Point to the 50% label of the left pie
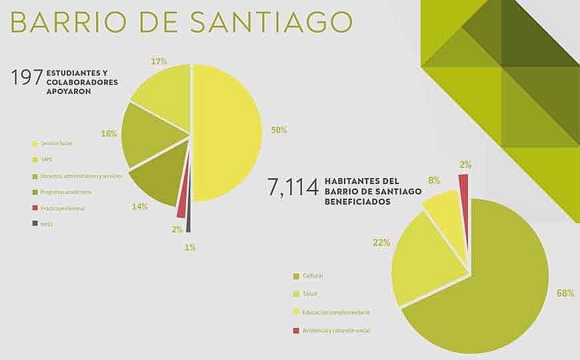(279, 130)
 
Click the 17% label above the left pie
(159, 61)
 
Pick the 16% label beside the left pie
(109, 133)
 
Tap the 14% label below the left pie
(139, 206)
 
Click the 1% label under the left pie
(190, 247)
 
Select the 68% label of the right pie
(565, 293)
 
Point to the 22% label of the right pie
(381, 243)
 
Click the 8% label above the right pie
(434, 180)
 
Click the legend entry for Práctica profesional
(62, 208)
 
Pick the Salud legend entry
(310, 293)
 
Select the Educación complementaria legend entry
(335, 312)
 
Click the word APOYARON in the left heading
(69, 92)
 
